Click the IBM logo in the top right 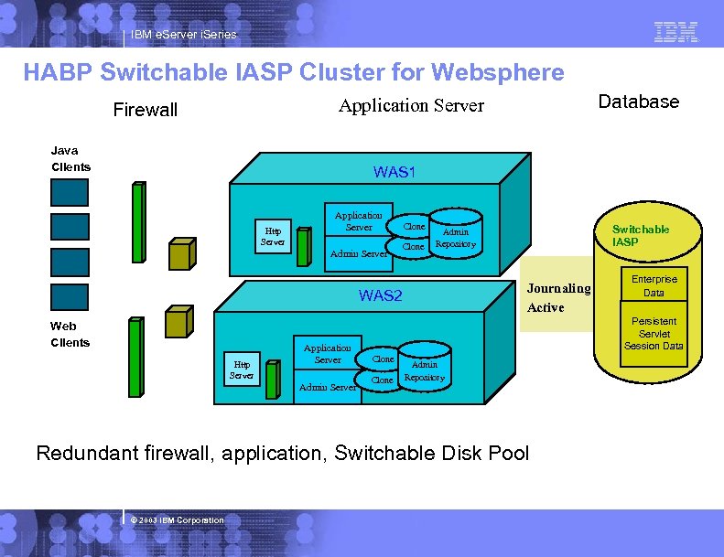point(676,32)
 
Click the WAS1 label point(394,172)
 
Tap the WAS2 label point(380,295)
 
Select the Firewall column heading point(145,111)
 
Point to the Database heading point(638,102)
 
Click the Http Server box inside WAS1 point(273,236)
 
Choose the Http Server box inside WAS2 point(242,370)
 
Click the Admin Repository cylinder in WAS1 point(455,238)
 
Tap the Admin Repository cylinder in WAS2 point(424,370)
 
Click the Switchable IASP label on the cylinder point(640,235)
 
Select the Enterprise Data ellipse point(654,286)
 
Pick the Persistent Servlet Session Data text point(654,334)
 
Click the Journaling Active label point(558,297)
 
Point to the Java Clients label point(70,158)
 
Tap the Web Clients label point(70,334)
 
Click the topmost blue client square point(70,192)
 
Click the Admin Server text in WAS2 point(328,388)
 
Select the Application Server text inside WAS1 point(359,220)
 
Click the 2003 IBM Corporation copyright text point(177,520)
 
